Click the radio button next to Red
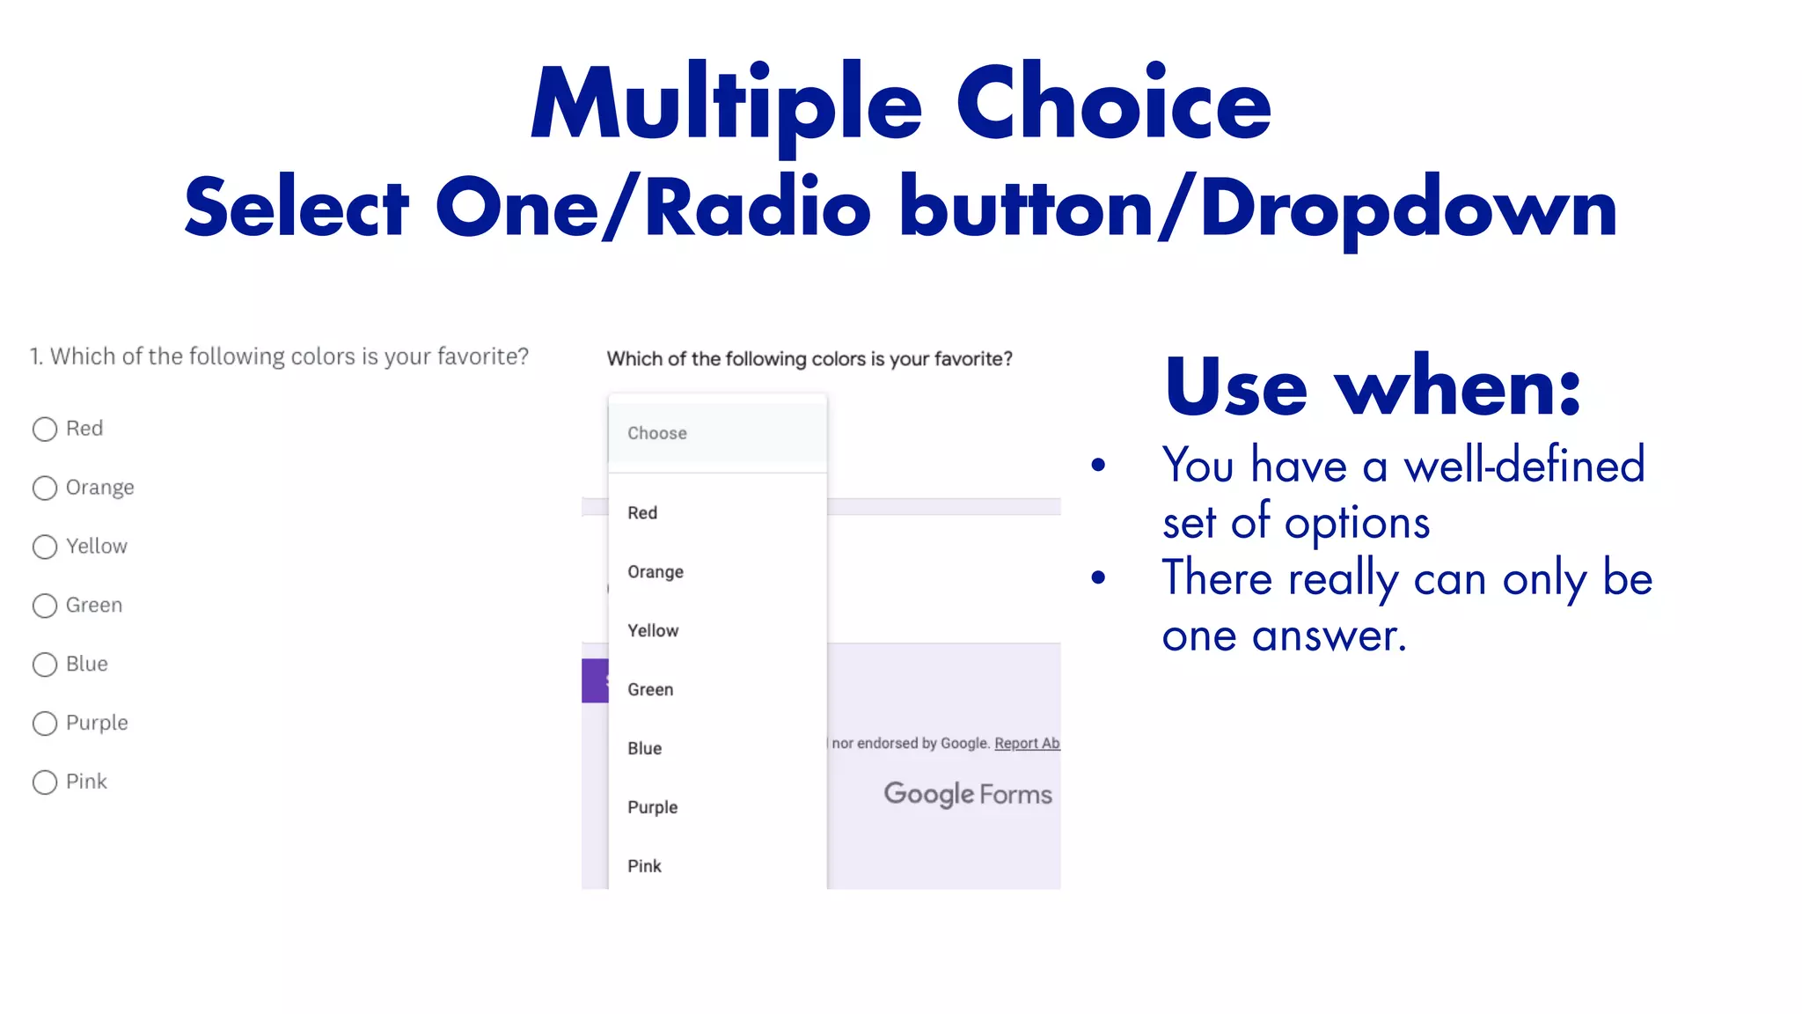[x=45, y=430]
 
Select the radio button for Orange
[x=45, y=489]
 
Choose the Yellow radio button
[x=45, y=547]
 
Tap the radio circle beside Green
[x=45, y=606]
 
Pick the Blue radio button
[x=45, y=665]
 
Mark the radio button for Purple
[x=45, y=724]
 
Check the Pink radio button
[x=45, y=783]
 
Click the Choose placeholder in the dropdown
[x=657, y=433]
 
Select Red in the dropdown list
[x=642, y=513]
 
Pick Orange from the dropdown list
[x=656, y=572]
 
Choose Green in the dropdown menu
[x=650, y=690]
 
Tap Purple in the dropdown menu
[x=653, y=808]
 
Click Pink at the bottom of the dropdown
[x=644, y=866]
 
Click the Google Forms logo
[x=968, y=794]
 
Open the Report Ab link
[x=1027, y=744]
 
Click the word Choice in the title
[x=1114, y=104]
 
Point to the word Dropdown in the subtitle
[x=1408, y=209]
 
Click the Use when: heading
[x=1373, y=387]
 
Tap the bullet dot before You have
[x=1098, y=466]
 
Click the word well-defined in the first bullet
[x=1524, y=465]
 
